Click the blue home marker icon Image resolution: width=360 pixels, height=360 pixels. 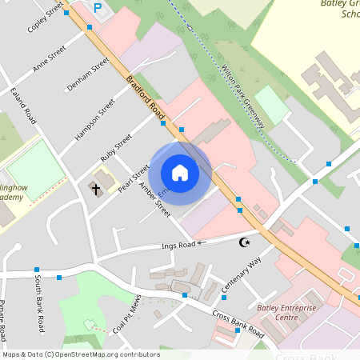180,173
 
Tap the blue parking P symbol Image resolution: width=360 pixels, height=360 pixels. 98,8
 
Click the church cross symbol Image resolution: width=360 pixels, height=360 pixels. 96,189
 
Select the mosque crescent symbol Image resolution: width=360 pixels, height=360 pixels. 245,242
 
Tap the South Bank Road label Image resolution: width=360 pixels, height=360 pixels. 38,305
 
